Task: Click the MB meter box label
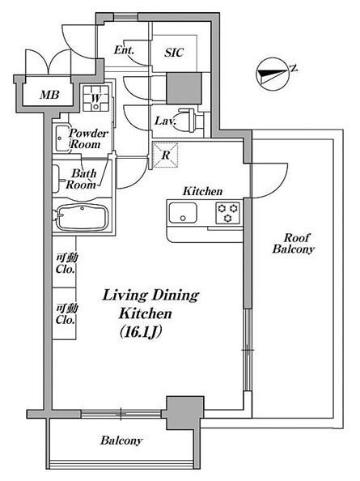49,95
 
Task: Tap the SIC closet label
174,53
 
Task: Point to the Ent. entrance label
124,50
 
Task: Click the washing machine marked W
96,98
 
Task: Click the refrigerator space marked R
165,155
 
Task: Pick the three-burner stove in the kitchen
227,213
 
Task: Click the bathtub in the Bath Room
82,217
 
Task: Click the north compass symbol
272,74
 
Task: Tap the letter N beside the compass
294,68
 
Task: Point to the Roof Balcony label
293,243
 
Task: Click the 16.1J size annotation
140,332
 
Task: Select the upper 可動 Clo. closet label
66,263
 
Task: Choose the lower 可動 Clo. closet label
66,314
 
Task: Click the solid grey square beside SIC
184,88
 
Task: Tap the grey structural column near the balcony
184,413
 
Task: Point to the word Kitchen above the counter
202,191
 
